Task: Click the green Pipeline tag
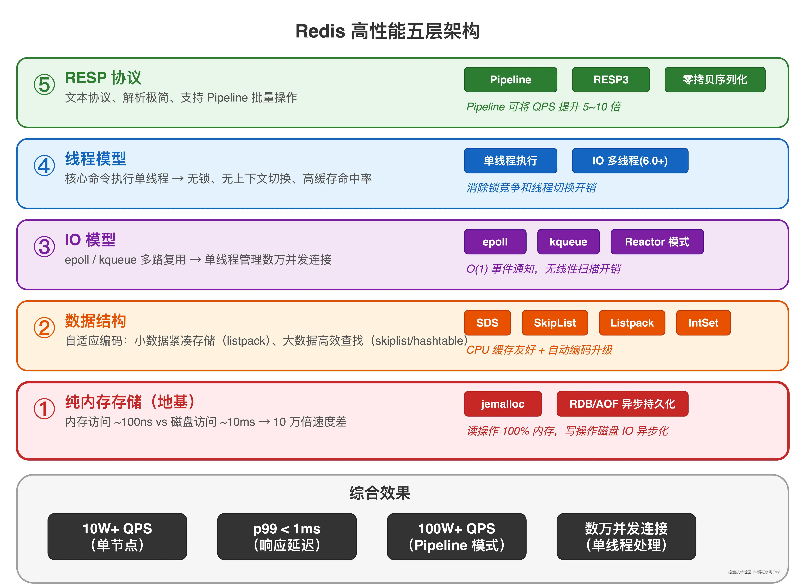click(511, 80)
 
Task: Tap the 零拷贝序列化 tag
click(715, 80)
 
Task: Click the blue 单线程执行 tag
click(511, 161)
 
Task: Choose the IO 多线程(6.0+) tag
click(630, 161)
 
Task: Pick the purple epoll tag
click(495, 242)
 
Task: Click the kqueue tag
click(568, 242)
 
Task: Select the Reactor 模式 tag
click(657, 242)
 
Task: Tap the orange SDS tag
click(487, 323)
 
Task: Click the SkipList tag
click(555, 323)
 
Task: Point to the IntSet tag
click(703, 323)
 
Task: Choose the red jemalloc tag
click(503, 404)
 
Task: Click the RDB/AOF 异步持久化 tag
click(622, 404)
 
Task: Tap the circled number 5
click(44, 85)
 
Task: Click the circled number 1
click(44, 409)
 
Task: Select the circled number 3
click(44, 247)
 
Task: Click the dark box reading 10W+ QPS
click(117, 537)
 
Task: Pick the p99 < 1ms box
click(287, 537)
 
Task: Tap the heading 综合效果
click(380, 493)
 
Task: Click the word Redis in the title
click(320, 31)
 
